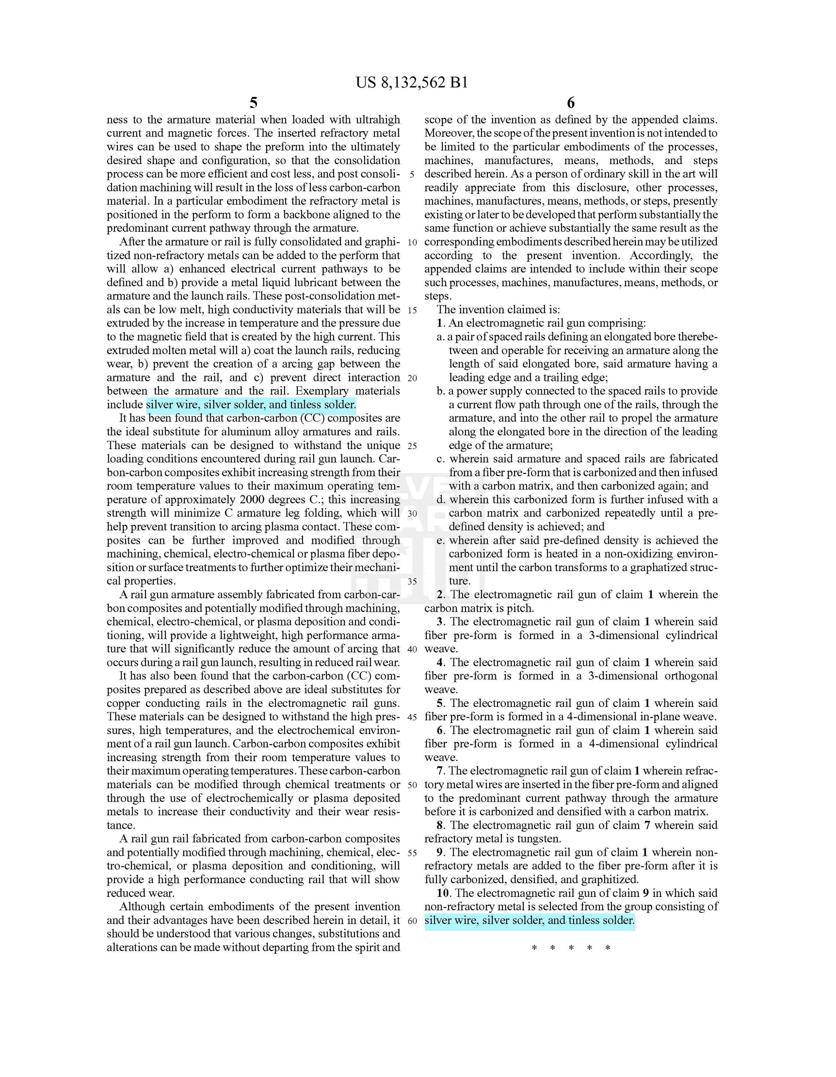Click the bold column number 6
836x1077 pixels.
(571, 103)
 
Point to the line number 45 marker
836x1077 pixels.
(412, 717)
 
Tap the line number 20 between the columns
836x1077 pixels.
(412, 378)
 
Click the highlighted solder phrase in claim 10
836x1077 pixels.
(529, 920)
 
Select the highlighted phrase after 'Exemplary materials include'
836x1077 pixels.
(251, 405)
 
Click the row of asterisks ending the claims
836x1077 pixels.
(571, 948)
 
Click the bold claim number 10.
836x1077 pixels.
(443, 893)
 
